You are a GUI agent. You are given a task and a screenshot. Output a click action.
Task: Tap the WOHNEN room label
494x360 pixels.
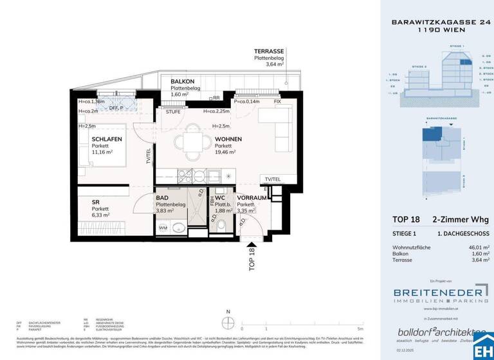tap(229, 139)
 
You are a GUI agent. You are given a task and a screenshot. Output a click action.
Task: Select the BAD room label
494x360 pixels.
tap(162, 198)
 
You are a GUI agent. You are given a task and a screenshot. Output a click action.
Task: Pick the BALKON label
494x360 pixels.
tap(184, 82)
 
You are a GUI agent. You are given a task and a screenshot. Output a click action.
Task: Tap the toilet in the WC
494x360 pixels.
tap(221, 226)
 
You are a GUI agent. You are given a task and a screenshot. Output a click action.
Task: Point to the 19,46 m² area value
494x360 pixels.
tap(225, 153)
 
